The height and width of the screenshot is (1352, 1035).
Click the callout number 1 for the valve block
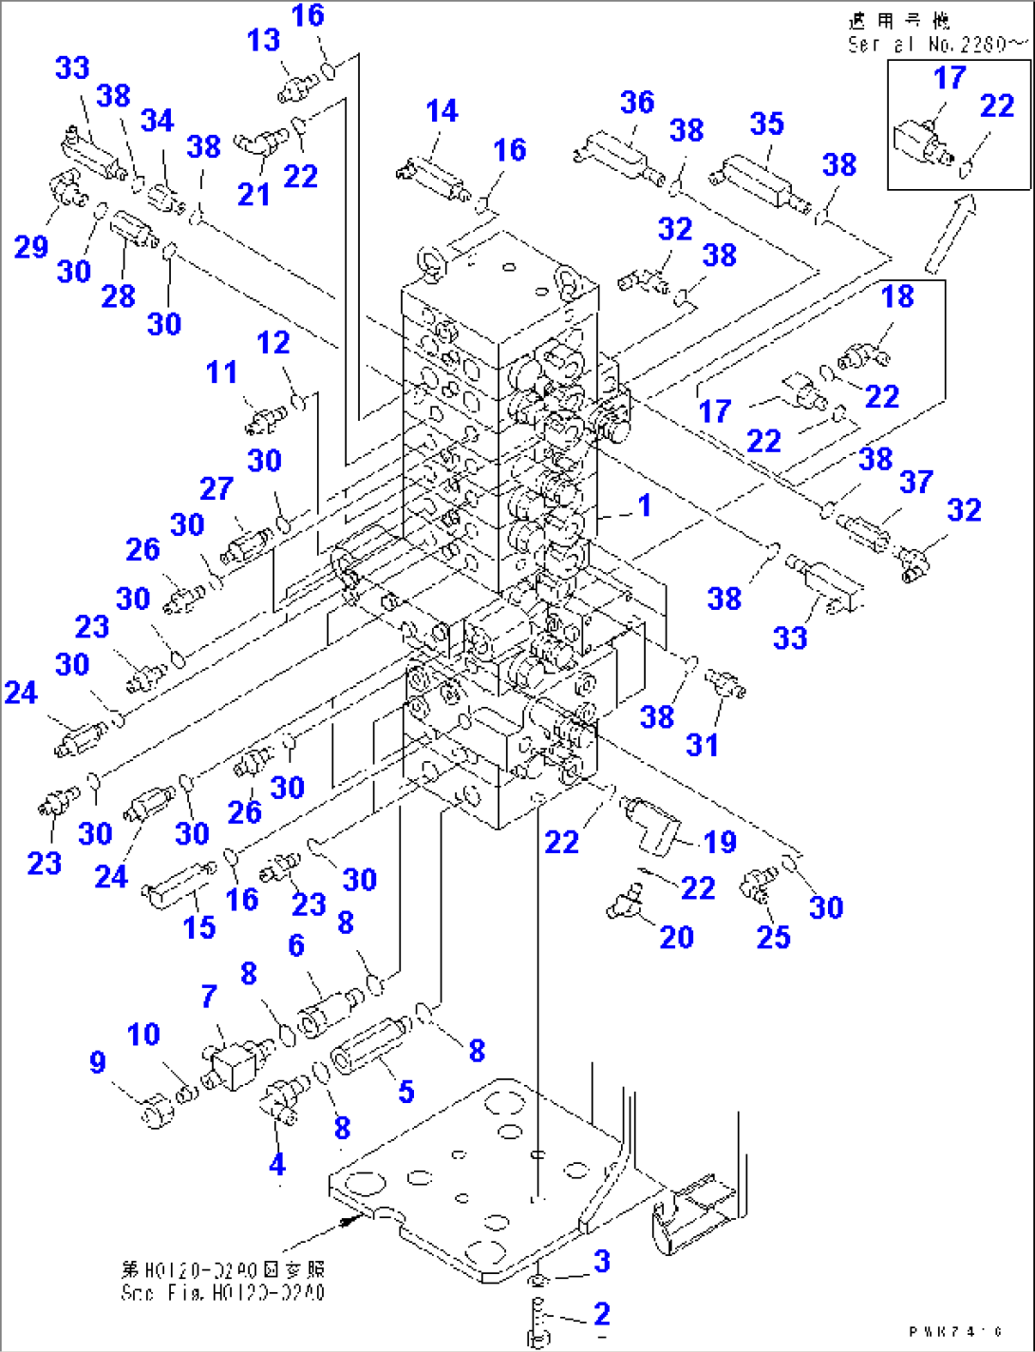[645, 505]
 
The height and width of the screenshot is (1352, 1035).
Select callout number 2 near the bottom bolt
[601, 1314]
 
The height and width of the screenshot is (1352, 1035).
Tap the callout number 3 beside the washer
[601, 1262]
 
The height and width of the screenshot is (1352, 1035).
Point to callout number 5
[406, 1092]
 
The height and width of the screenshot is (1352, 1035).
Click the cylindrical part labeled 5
[368, 1043]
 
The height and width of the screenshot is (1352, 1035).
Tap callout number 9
[98, 1062]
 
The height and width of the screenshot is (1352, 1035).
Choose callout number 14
[442, 111]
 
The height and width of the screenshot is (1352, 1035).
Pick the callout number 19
[720, 842]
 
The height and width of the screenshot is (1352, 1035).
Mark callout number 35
[766, 124]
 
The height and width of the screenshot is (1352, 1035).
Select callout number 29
[30, 246]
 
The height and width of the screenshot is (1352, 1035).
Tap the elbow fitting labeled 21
[257, 145]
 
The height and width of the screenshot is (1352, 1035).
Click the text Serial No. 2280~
[936, 44]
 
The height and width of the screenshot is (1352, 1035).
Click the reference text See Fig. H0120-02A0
[222, 1292]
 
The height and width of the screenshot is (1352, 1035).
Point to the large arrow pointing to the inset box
[950, 232]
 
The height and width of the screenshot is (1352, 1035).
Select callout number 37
[916, 482]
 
